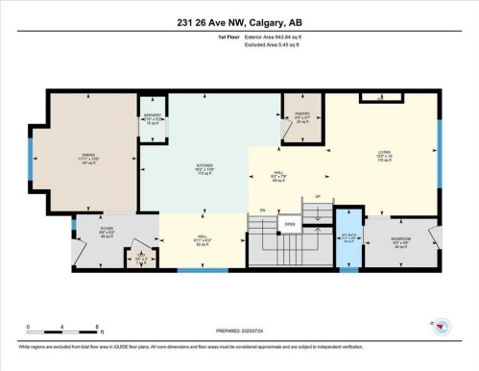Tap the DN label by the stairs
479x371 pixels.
coord(262,210)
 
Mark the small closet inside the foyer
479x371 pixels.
coord(140,259)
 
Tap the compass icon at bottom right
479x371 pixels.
coord(440,328)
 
